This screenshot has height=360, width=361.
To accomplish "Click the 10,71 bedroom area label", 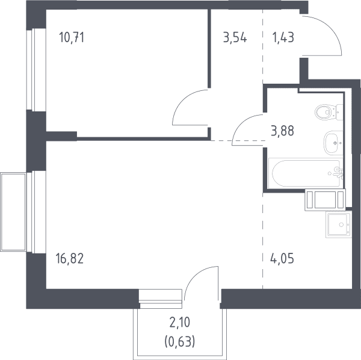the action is tap(72, 37).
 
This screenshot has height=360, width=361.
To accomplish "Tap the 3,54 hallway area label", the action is tap(235, 37).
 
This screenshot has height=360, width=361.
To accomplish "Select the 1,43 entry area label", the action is tap(283, 37).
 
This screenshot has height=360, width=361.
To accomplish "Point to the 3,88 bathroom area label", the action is tap(283, 131).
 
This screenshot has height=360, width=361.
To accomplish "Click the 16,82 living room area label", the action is tap(70, 258).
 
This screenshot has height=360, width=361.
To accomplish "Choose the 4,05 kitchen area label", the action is tap(282, 258).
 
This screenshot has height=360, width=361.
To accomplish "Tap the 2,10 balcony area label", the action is tap(180, 322).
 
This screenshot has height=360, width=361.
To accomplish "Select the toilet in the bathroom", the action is tap(329, 112).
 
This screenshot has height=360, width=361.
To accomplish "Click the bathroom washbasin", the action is tap(333, 143).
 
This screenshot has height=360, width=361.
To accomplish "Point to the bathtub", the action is tap(306, 173).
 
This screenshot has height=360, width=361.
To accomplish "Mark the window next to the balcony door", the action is tap(161, 299).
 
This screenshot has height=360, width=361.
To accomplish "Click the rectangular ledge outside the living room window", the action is tap(13, 212).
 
